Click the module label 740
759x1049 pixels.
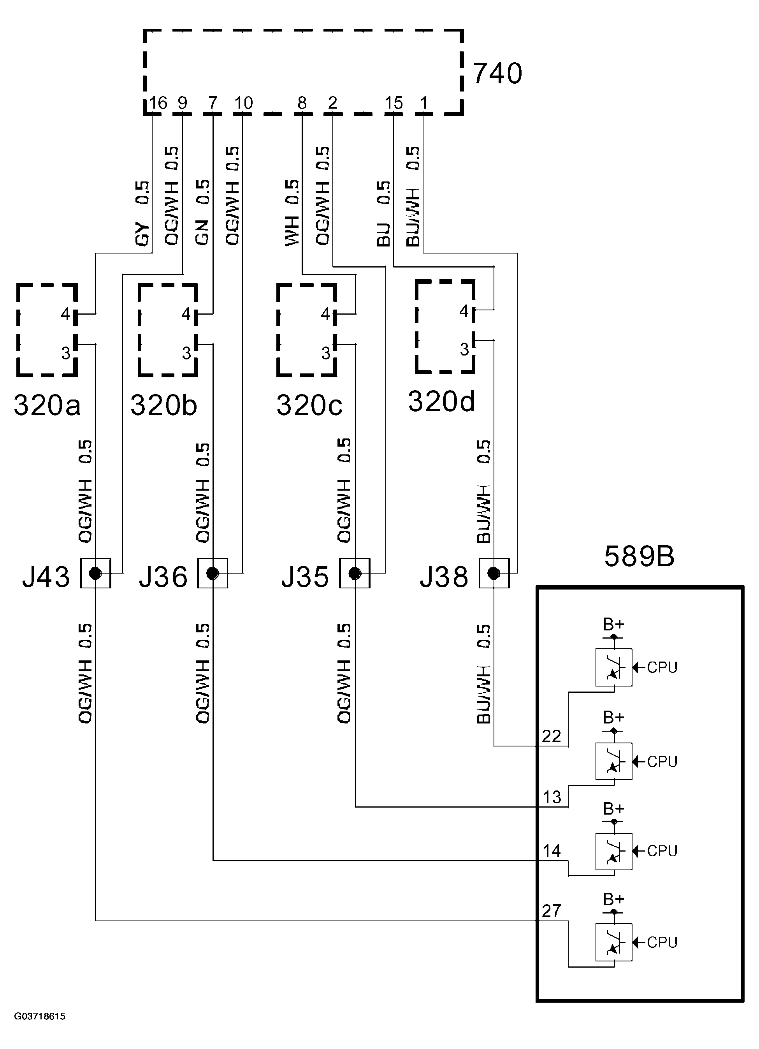click(x=497, y=74)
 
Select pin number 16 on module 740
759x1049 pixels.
click(x=158, y=103)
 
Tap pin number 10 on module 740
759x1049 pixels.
click(x=243, y=103)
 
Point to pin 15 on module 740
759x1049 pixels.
click(x=394, y=103)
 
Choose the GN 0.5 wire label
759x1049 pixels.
click(x=202, y=212)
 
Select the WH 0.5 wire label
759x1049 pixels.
click(x=292, y=213)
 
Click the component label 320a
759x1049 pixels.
click(x=47, y=405)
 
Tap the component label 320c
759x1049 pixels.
click(x=309, y=405)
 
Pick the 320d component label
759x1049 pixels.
click(x=441, y=401)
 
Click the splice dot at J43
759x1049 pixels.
click(x=95, y=574)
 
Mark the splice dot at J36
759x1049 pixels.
click(x=212, y=574)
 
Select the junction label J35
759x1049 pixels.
click(x=305, y=577)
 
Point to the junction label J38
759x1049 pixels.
click(x=443, y=577)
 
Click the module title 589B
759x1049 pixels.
click(x=639, y=556)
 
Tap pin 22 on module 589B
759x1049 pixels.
click(x=552, y=736)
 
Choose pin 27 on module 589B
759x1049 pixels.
click(x=552, y=911)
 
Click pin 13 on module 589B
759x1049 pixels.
click(x=552, y=797)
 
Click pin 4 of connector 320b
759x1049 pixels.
click(x=186, y=314)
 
